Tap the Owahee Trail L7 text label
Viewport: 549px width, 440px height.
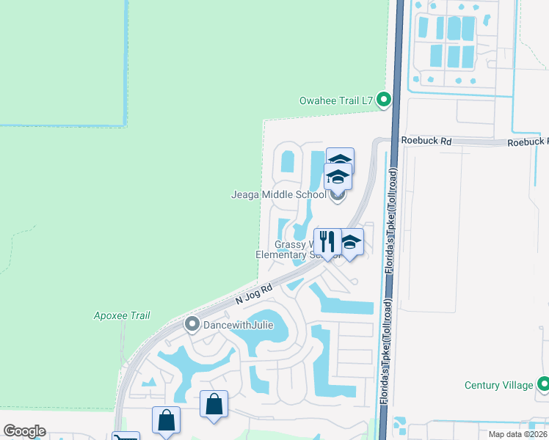click(x=336, y=100)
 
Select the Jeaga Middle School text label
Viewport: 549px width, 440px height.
click(x=279, y=195)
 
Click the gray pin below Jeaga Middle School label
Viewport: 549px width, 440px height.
click(x=337, y=194)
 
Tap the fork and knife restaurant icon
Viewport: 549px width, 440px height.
click(x=327, y=241)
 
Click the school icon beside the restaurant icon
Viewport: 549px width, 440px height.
click(x=350, y=241)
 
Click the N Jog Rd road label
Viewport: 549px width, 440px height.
click(x=253, y=294)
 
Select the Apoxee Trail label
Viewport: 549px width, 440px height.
click(x=122, y=315)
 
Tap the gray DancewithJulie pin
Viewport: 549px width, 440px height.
click(x=192, y=323)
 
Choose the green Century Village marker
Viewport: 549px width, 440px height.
click(x=543, y=384)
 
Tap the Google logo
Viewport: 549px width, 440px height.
click(x=24, y=431)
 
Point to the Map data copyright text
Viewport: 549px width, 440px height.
click(x=517, y=434)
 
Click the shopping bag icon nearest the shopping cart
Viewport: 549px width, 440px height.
click(x=166, y=420)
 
